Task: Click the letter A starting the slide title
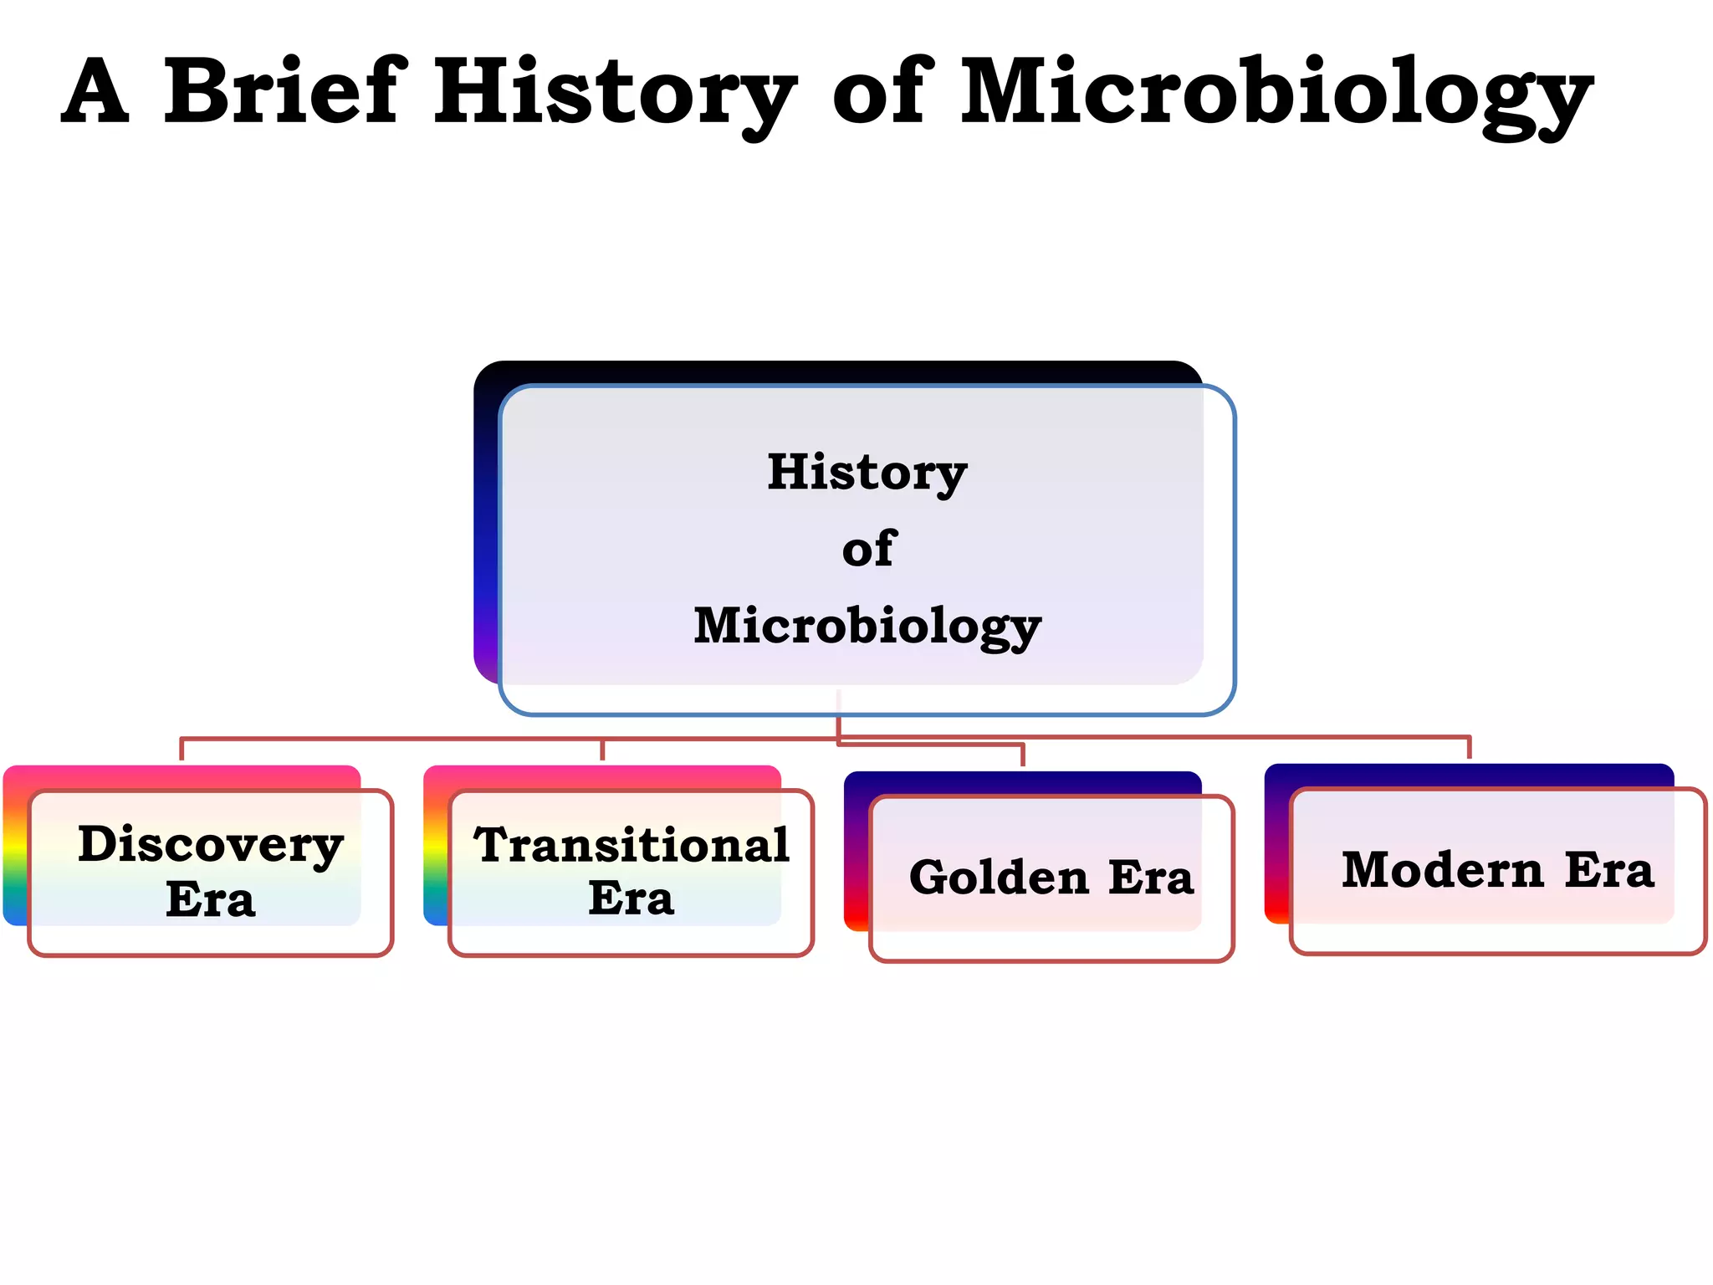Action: (95, 90)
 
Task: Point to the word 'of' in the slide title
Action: (882, 90)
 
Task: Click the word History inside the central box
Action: (867, 472)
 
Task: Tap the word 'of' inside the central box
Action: (869, 549)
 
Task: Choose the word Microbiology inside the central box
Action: (867, 626)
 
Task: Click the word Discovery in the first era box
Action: (211, 845)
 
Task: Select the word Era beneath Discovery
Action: (211, 899)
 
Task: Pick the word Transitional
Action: (632, 845)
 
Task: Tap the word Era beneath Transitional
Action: (632, 898)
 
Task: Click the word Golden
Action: (999, 877)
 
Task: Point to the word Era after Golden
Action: (1151, 877)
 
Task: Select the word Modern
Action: (1442, 870)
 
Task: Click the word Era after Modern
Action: (1609, 870)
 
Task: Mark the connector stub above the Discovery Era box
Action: (182, 750)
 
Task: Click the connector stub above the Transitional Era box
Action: (602, 750)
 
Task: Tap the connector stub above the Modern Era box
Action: (1469, 748)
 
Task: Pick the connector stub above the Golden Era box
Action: (1022, 755)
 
